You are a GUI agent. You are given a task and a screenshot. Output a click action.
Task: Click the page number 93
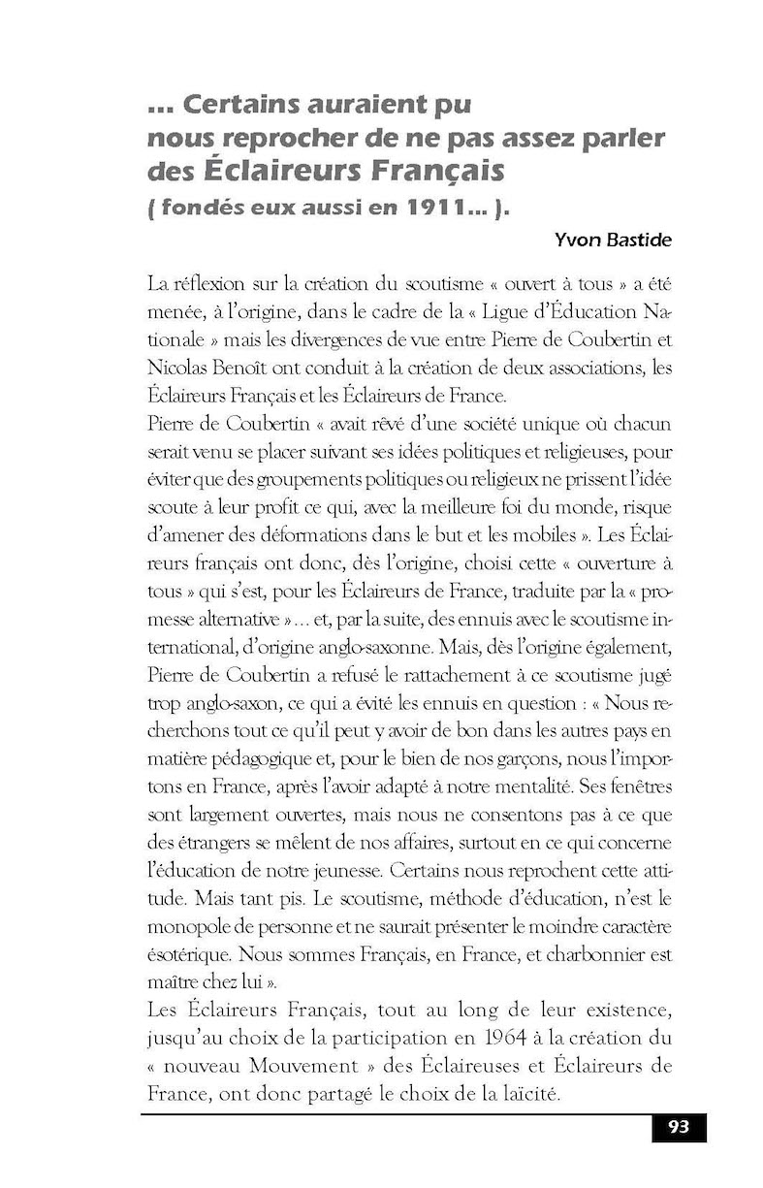point(678,1127)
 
